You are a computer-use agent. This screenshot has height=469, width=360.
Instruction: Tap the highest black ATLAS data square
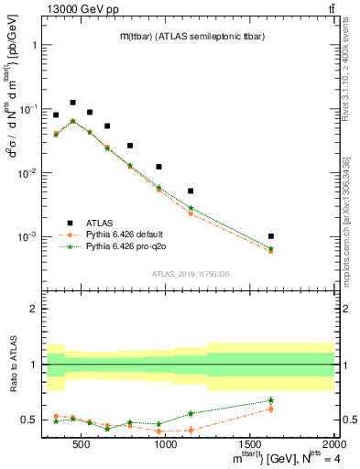(x=72, y=103)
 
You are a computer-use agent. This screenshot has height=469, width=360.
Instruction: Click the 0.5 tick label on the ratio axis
(x=27, y=420)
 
